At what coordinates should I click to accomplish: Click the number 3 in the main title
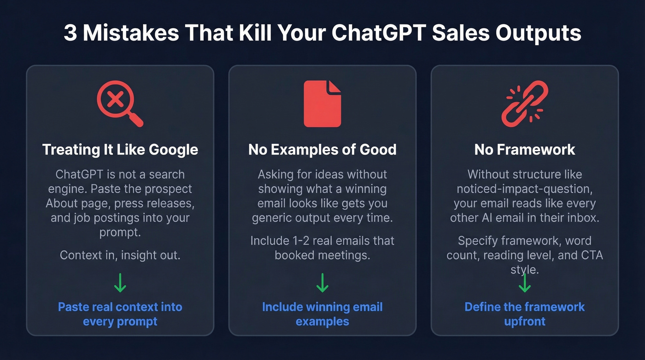point(70,34)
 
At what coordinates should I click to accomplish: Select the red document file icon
point(322,104)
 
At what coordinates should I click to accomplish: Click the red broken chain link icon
point(524,104)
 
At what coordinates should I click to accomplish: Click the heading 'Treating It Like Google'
point(120,149)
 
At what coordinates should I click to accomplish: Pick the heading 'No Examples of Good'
point(322,149)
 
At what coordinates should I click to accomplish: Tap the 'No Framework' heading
point(525,149)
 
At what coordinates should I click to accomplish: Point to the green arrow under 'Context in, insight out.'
point(120,283)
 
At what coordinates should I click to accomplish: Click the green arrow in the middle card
point(322,283)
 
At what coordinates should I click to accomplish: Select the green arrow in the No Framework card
point(525,283)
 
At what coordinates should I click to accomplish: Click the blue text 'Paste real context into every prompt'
point(120,314)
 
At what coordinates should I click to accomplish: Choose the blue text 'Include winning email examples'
point(322,314)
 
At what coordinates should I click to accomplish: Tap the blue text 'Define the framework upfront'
point(525,314)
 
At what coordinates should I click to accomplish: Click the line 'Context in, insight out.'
point(120,255)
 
